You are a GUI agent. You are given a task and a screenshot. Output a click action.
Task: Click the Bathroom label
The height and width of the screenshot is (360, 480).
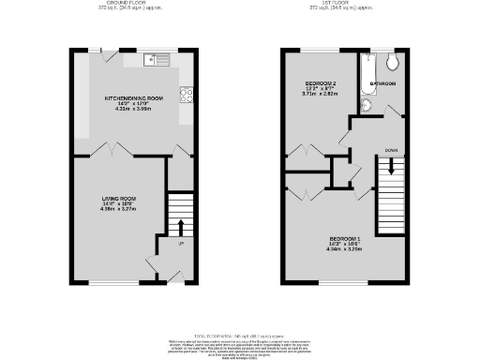pyautogui.click(x=382, y=84)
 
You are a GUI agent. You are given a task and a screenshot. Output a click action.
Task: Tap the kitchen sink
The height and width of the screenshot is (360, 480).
pyautogui.click(x=157, y=61)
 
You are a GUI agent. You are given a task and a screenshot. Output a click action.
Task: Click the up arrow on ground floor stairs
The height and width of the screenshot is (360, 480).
pyautogui.click(x=177, y=226)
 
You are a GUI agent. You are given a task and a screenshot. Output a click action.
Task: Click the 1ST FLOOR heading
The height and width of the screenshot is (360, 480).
pyautogui.click(x=346, y=3)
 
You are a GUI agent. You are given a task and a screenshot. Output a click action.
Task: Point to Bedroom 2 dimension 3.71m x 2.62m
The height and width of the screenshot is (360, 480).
pyautogui.click(x=318, y=94)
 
